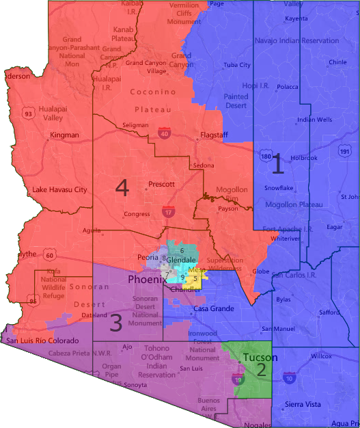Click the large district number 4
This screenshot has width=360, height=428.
[122, 187]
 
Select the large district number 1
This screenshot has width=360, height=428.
[277, 164]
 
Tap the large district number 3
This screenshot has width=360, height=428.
[117, 323]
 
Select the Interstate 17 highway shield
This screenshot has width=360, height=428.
[167, 213]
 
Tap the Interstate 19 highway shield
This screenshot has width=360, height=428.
[237, 379]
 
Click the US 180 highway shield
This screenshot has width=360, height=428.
[264, 157]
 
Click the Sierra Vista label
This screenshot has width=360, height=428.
[303, 405]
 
